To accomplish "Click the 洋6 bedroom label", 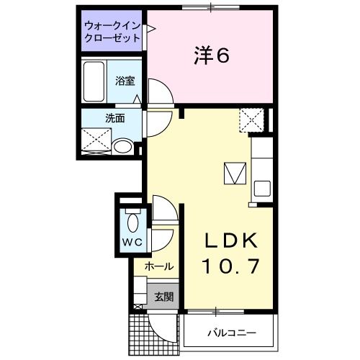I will click(x=211, y=56).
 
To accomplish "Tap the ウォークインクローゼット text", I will click(x=112, y=30).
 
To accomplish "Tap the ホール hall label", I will click(x=158, y=266).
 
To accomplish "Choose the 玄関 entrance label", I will click(x=163, y=296).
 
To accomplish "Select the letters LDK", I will click(x=228, y=240).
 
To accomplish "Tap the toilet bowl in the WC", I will click(x=131, y=220).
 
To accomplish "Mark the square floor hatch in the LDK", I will click(x=235, y=174).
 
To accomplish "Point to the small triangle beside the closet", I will click(x=151, y=30).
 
